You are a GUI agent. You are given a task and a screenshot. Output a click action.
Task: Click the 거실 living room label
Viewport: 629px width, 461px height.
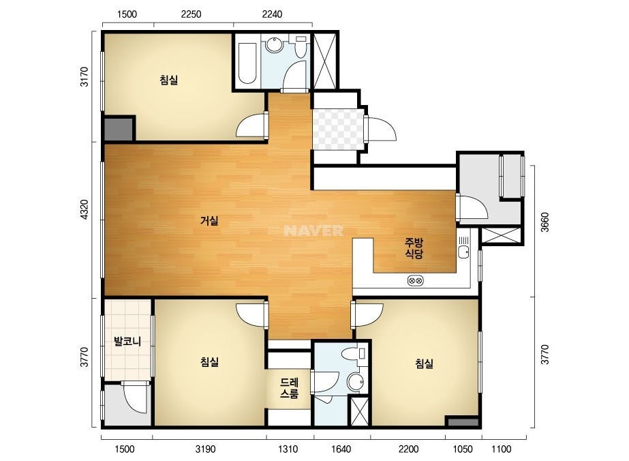209,220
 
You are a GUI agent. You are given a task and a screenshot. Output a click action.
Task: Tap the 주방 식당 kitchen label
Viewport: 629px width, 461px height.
414,248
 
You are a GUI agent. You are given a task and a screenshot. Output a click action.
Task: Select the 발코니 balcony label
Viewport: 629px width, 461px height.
127,342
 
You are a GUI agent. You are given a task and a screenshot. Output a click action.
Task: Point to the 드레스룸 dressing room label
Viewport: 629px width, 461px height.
289,387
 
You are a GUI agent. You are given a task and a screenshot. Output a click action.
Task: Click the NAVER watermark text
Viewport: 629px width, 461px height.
313,230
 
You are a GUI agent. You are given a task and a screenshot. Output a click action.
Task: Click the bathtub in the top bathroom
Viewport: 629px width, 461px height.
247,63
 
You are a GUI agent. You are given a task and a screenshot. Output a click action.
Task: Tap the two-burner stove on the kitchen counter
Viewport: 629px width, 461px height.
416,280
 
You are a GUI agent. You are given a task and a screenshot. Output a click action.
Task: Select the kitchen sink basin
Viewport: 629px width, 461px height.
463,252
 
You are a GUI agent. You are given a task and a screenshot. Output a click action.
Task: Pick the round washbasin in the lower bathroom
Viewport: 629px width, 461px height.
355,381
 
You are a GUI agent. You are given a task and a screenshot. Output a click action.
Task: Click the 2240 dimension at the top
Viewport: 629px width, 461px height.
272,14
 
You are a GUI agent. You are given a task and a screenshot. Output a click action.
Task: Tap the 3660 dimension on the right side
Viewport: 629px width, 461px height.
544,222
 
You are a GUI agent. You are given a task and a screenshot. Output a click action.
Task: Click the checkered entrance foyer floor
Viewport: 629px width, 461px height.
338,129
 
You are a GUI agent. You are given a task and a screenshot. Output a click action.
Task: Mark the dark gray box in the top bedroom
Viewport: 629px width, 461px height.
119,130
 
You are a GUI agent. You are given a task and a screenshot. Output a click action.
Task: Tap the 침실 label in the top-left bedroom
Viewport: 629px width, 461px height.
168,80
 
